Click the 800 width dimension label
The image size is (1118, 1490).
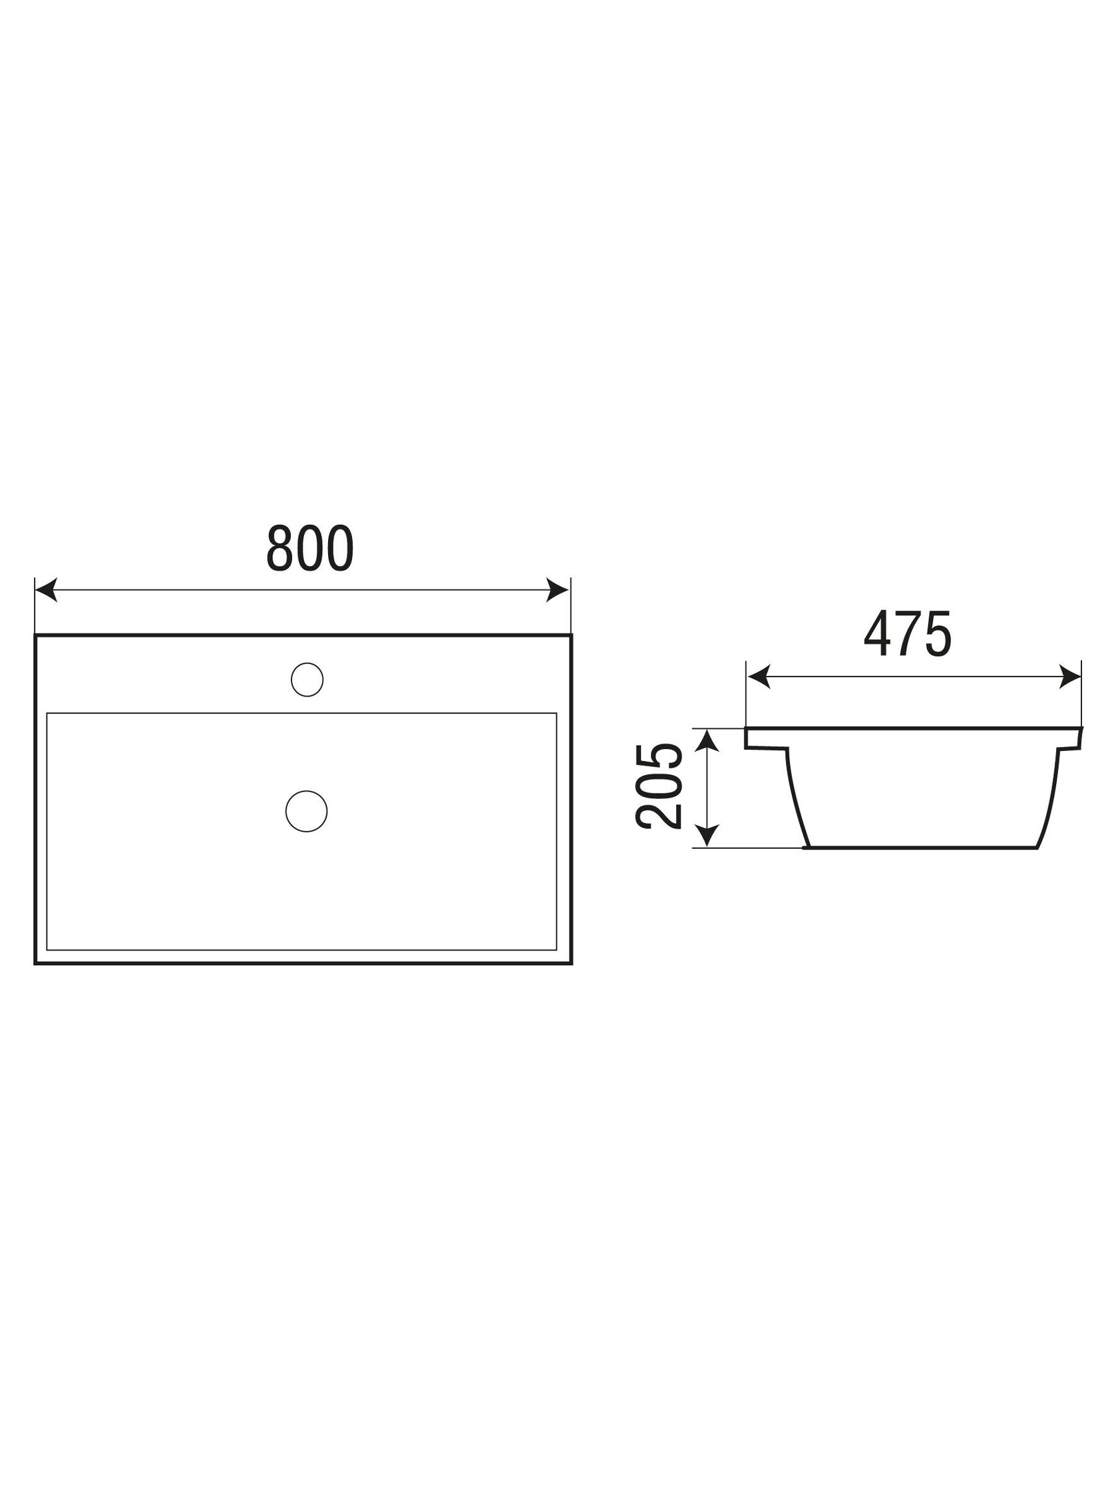coord(310,548)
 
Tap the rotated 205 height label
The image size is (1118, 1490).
coord(658,786)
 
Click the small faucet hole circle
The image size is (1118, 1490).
coord(307,679)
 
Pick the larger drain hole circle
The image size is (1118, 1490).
coord(306,811)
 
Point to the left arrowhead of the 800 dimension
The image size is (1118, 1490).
coord(46,589)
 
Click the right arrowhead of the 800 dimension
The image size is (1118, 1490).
coord(558,589)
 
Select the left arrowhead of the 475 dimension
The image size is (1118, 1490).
coord(758,676)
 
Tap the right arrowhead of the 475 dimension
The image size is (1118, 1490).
coord(1070,676)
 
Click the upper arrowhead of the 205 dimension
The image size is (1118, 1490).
coord(706,740)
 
